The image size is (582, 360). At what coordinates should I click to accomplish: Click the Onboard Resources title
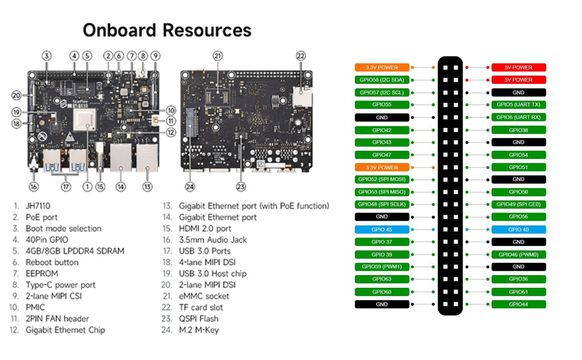(x=167, y=31)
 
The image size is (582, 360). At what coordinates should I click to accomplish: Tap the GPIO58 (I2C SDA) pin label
(x=382, y=80)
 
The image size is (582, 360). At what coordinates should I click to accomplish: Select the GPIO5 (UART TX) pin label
(x=518, y=105)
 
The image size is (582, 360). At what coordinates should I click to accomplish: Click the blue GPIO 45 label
(x=382, y=230)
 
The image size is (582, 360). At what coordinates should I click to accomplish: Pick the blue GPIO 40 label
(x=518, y=230)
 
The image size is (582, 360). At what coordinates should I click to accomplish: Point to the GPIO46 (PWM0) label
(x=518, y=255)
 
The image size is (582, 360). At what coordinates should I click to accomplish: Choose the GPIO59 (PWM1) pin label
(x=382, y=267)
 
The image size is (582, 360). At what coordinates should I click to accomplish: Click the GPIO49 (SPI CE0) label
(x=518, y=205)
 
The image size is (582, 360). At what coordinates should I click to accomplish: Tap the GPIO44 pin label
(x=518, y=305)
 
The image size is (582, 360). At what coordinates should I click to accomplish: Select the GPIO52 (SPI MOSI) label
(x=382, y=179)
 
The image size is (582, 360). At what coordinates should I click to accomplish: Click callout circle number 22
(x=301, y=56)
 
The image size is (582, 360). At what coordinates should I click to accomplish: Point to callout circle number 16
(x=34, y=187)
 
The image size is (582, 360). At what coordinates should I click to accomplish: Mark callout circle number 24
(x=190, y=187)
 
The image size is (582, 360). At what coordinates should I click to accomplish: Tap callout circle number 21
(x=217, y=56)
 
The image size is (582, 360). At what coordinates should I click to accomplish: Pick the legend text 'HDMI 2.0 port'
(x=205, y=229)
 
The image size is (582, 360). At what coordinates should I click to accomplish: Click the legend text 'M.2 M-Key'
(x=200, y=330)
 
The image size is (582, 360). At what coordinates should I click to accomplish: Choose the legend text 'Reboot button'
(x=52, y=262)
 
